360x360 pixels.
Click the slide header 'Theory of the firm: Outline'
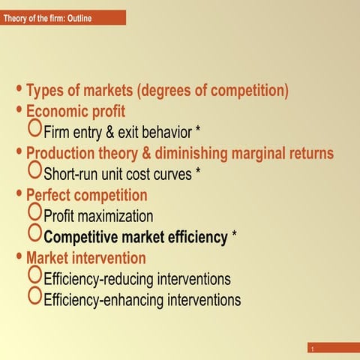pos(47,17)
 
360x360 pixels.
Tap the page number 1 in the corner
pos(310,349)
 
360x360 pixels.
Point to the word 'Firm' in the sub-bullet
pos(58,133)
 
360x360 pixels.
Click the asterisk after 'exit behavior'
pos(198,132)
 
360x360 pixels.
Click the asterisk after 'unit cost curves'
pos(197,173)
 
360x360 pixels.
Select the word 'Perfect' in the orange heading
pos(49,196)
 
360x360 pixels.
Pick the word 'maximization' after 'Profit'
pos(117,217)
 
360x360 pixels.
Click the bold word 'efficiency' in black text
pos(192,238)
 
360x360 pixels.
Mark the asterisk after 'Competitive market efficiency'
pos(235,236)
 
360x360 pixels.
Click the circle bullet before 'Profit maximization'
pos(34,214)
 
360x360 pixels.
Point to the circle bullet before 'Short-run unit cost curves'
pos(34,172)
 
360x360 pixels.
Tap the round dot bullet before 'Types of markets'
pos(20,91)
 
